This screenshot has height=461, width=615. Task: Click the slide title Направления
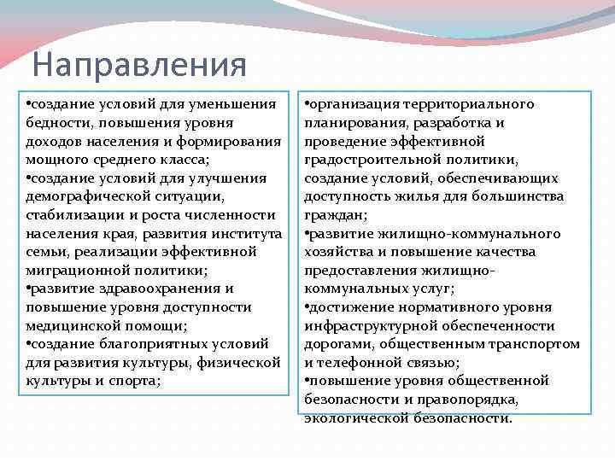(x=138, y=64)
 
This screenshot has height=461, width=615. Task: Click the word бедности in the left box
(x=55, y=122)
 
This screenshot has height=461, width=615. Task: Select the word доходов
(x=52, y=141)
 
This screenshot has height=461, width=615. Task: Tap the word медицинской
(x=71, y=326)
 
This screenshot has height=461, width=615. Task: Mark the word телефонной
(x=360, y=363)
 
